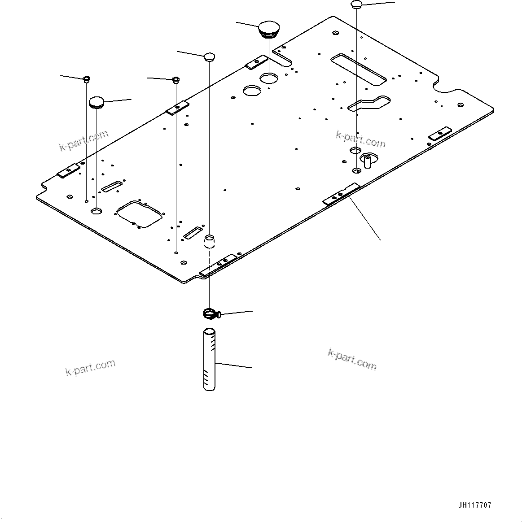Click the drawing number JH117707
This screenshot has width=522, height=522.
click(475, 505)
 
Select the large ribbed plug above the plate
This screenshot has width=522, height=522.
click(268, 28)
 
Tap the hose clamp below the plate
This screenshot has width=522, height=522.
click(209, 313)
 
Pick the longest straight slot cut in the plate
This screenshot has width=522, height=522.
click(358, 69)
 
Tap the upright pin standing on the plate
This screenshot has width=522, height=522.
click(367, 160)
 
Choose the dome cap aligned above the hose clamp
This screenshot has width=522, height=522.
click(210, 57)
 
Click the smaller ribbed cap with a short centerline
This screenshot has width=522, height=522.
click(97, 102)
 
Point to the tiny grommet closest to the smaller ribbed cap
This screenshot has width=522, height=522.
click(86, 80)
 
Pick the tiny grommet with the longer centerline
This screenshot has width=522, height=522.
click(176, 80)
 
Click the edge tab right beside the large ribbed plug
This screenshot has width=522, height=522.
click(257, 62)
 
